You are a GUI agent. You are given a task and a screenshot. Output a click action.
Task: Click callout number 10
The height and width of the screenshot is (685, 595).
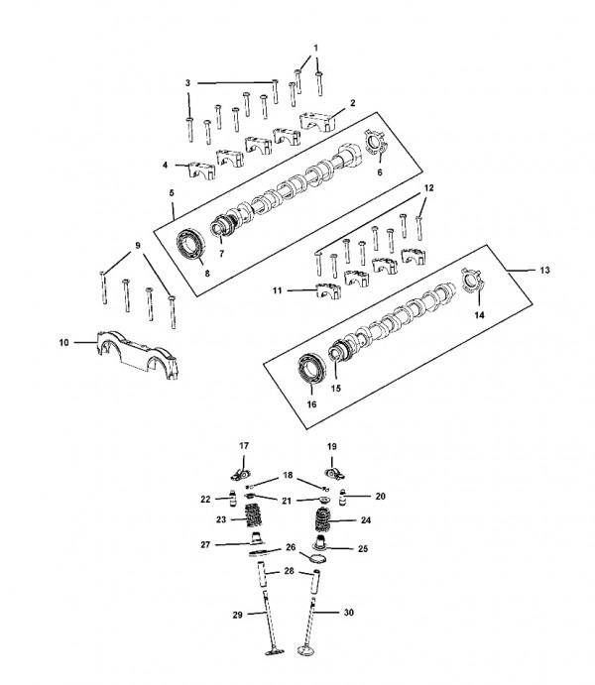pos(63,343)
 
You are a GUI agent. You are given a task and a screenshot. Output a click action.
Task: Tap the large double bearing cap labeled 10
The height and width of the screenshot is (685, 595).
pos(137,355)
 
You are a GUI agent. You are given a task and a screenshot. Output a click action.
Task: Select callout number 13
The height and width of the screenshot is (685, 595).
pos(544,271)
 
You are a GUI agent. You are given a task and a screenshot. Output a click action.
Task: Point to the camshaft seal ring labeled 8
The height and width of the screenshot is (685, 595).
pos(190,246)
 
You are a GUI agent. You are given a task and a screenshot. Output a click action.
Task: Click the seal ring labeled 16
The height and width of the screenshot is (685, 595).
pos(312,370)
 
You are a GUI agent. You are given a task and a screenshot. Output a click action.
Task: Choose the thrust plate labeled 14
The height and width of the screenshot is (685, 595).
pos(472,281)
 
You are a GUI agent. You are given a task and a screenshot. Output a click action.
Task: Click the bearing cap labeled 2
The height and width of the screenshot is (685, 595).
pos(317,121)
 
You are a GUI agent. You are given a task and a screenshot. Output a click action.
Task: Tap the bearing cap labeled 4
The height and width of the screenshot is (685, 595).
pos(202,170)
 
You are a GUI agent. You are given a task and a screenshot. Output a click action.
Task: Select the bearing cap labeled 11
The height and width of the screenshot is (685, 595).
pos(328,290)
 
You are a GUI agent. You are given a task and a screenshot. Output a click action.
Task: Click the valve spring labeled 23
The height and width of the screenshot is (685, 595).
pos(252,515)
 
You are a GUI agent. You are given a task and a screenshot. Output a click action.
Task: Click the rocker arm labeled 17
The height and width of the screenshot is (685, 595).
pos(241,474)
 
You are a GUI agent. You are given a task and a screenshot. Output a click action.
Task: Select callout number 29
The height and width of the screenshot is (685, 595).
pos(237,615)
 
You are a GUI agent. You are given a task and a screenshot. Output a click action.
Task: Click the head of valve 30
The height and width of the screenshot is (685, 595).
pos(306,651)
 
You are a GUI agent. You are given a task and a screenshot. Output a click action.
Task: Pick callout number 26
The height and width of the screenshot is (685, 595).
pos(291,547)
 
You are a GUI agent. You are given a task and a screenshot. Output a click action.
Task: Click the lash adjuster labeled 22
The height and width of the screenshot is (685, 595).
pos(233,499)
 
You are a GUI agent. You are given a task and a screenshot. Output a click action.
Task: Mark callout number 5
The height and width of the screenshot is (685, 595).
pos(172,192)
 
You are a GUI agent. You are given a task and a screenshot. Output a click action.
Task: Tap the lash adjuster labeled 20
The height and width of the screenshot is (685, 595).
pos(343,497)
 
